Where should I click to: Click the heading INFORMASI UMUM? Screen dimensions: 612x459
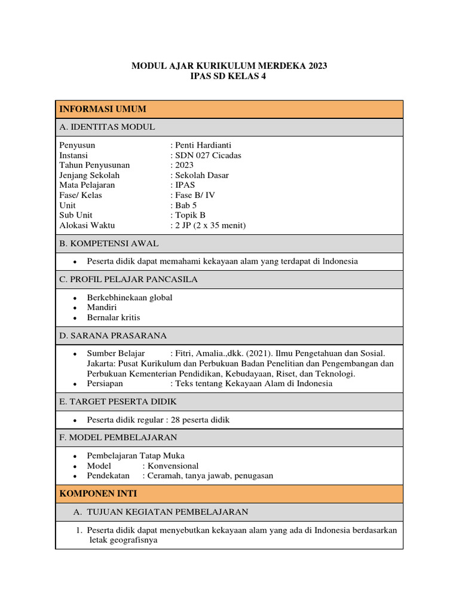102,109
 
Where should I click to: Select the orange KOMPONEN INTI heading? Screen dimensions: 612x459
98,493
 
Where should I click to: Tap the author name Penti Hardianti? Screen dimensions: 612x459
203,145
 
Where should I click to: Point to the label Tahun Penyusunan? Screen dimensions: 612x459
94,165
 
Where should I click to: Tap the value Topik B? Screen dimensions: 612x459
189,215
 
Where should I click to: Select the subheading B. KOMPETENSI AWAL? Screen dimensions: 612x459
109,243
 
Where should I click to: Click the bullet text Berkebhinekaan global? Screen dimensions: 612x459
130,297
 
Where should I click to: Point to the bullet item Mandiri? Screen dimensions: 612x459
102,307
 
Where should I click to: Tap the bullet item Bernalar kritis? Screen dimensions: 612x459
114,317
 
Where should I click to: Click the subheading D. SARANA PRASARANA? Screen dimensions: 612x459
113,335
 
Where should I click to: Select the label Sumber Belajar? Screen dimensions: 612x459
116,353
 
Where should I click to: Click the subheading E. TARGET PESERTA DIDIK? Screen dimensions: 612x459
118,401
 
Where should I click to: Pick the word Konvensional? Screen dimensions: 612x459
173,466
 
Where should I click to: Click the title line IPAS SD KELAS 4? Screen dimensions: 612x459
229,76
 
